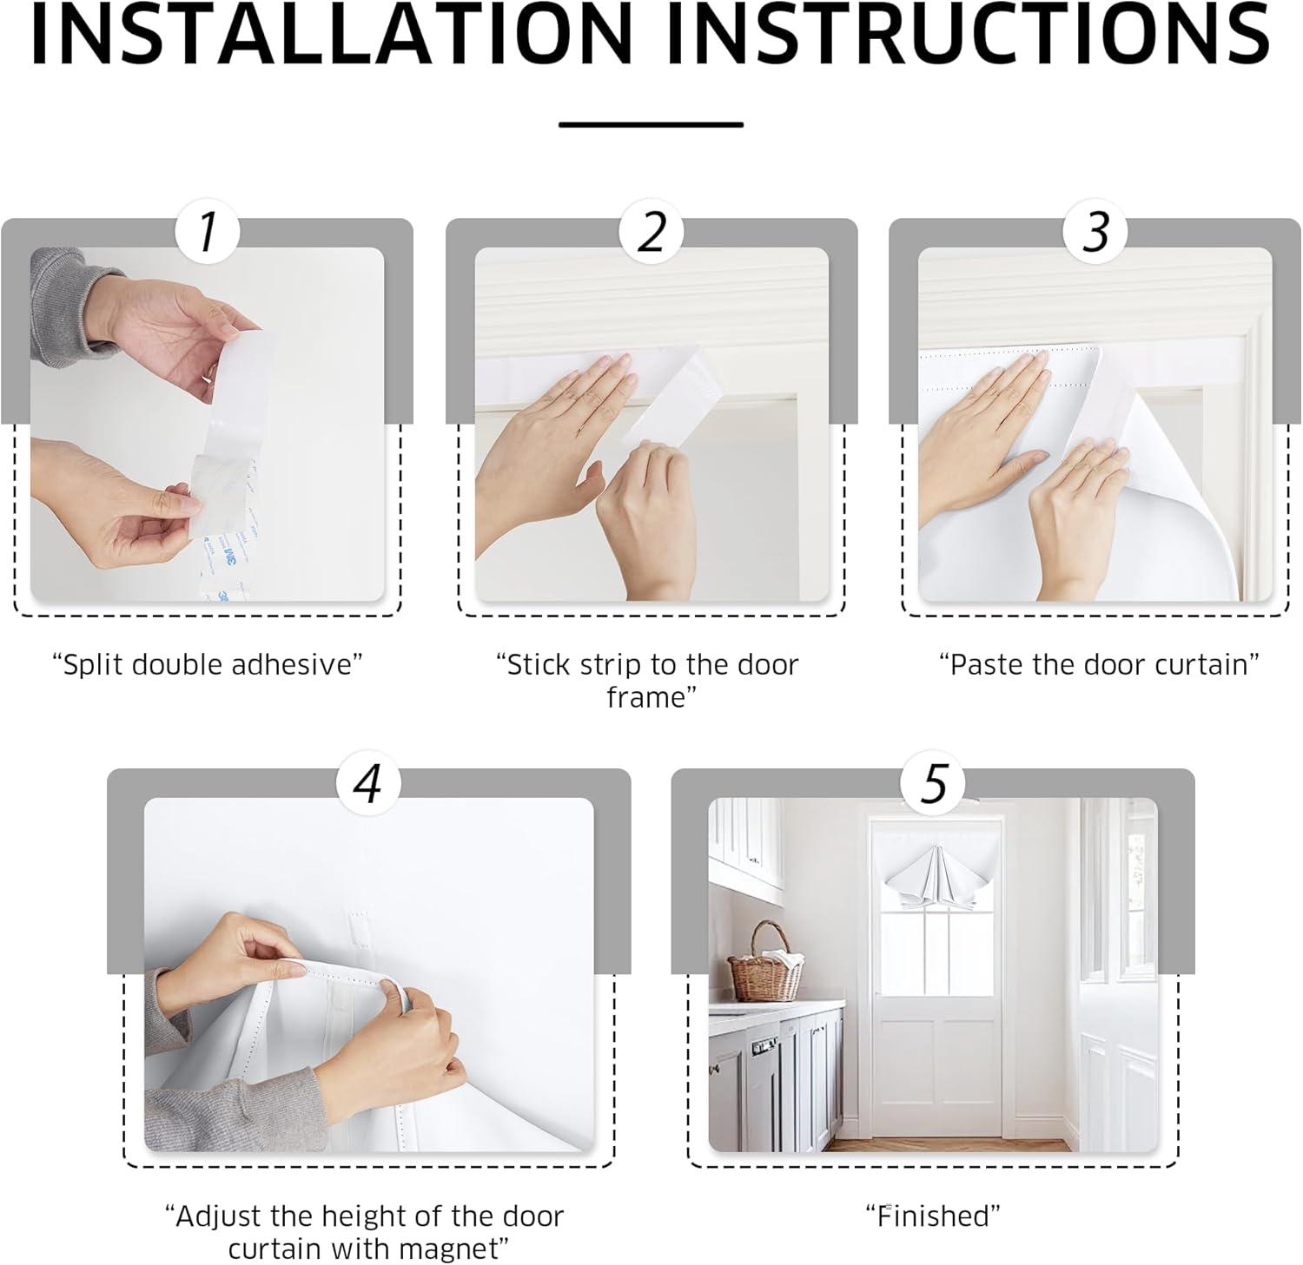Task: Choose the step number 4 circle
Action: [368, 783]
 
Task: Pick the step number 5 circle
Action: [933, 783]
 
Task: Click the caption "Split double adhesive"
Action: [207, 665]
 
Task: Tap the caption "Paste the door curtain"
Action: [1099, 665]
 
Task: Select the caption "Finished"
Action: [933, 1216]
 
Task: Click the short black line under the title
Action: [651, 125]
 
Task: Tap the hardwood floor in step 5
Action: [947, 1145]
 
